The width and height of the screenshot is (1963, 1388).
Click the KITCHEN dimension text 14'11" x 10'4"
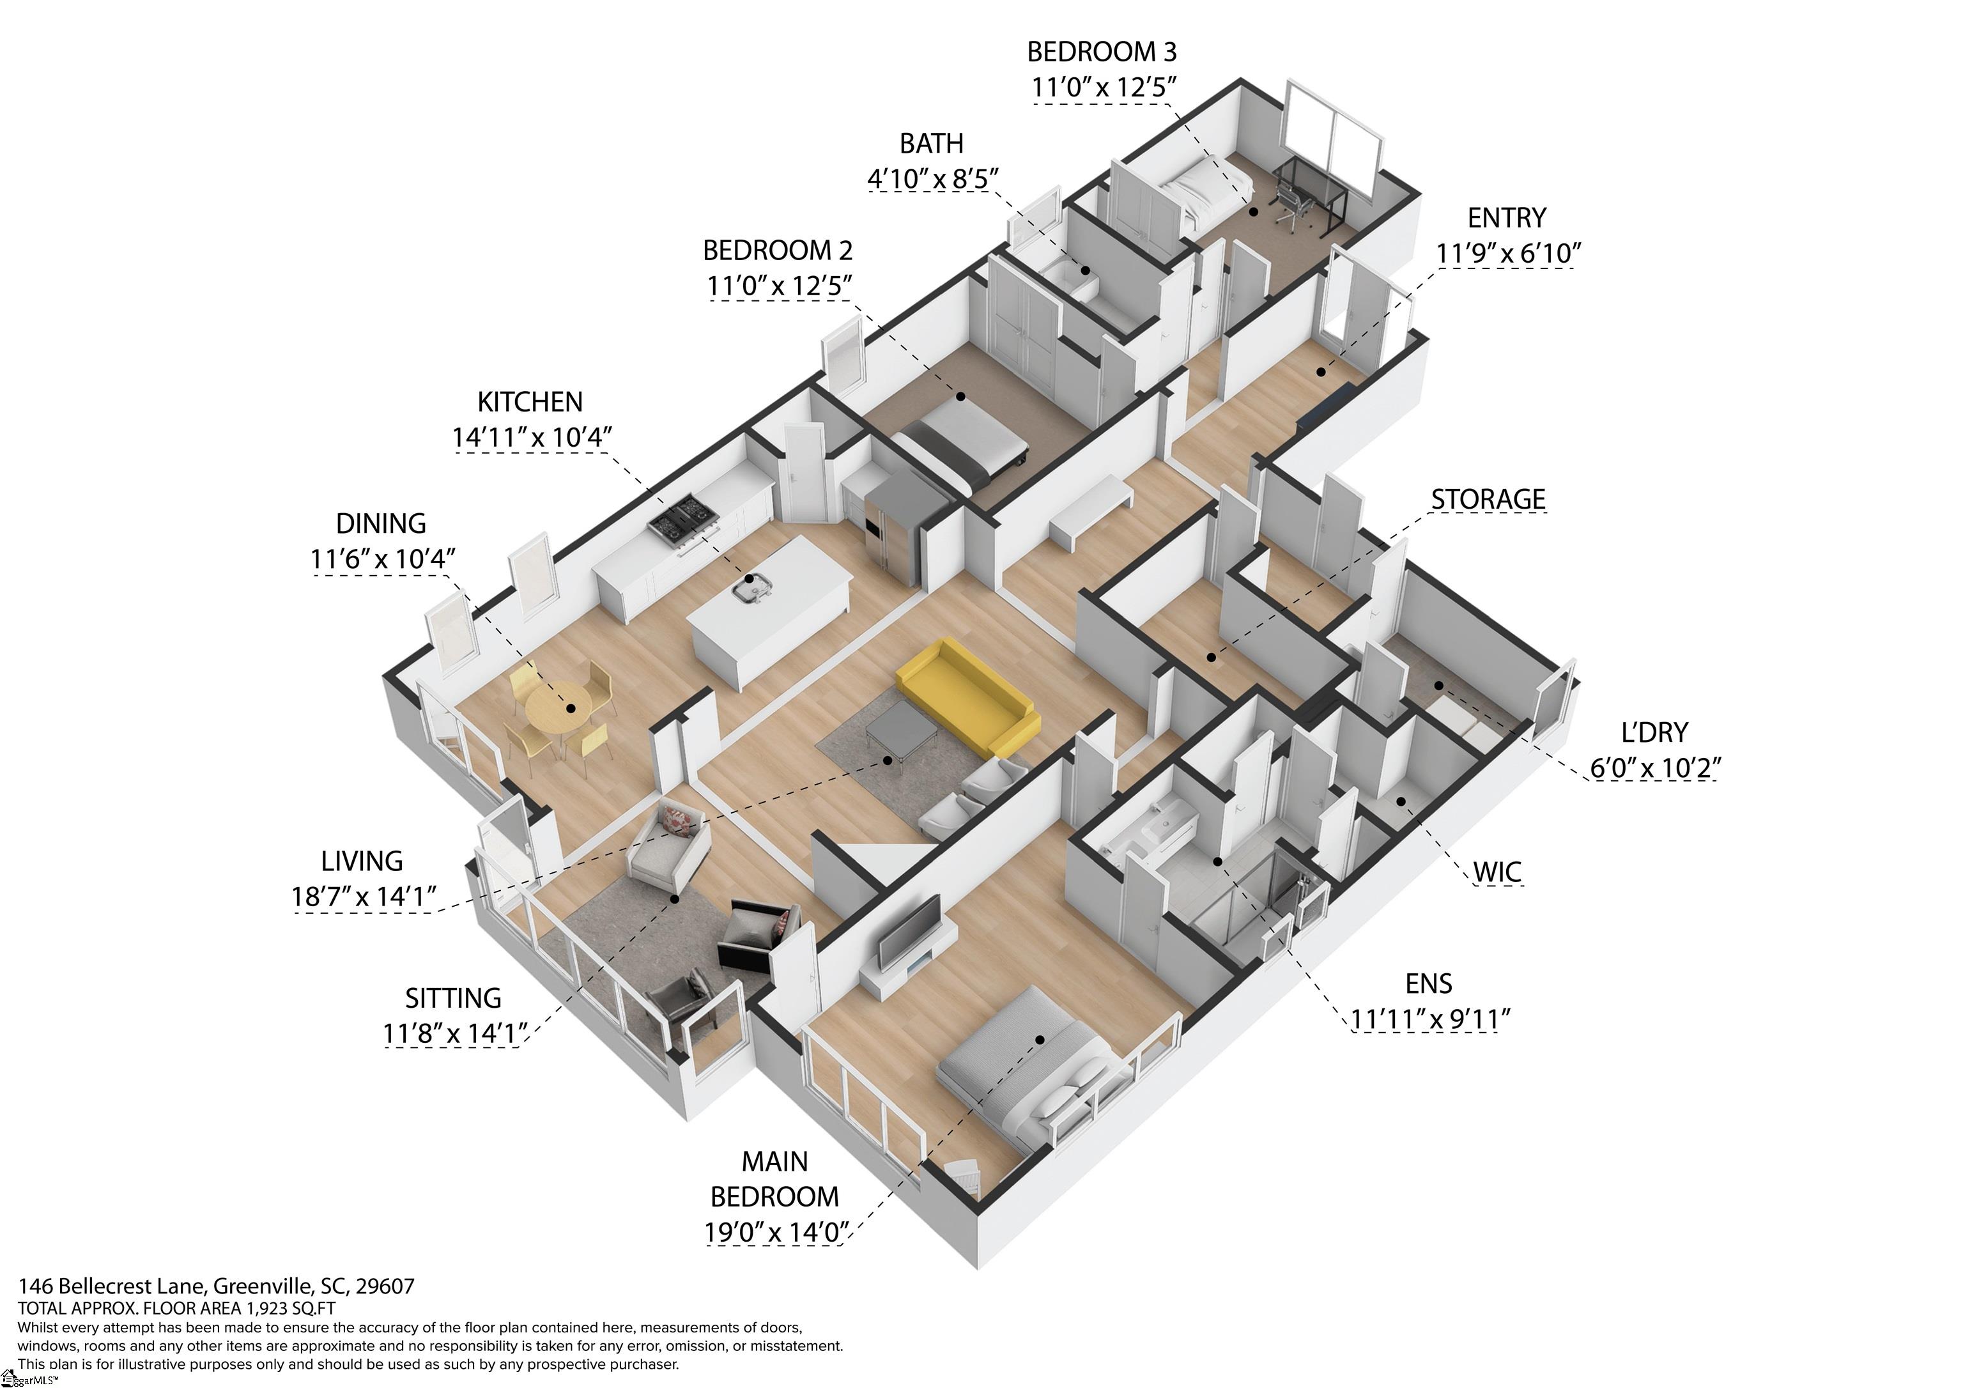click(532, 437)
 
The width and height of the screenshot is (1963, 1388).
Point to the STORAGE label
click(1488, 500)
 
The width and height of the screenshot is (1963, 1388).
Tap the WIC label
click(1497, 872)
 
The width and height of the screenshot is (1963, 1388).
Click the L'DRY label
click(1654, 733)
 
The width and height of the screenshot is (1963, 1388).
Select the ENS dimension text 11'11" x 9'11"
click(1429, 1019)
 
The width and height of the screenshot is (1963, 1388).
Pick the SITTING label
click(453, 998)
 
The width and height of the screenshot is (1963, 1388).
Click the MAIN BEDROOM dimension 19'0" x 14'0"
click(776, 1232)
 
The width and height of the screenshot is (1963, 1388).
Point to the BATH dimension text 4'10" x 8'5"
click(933, 179)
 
